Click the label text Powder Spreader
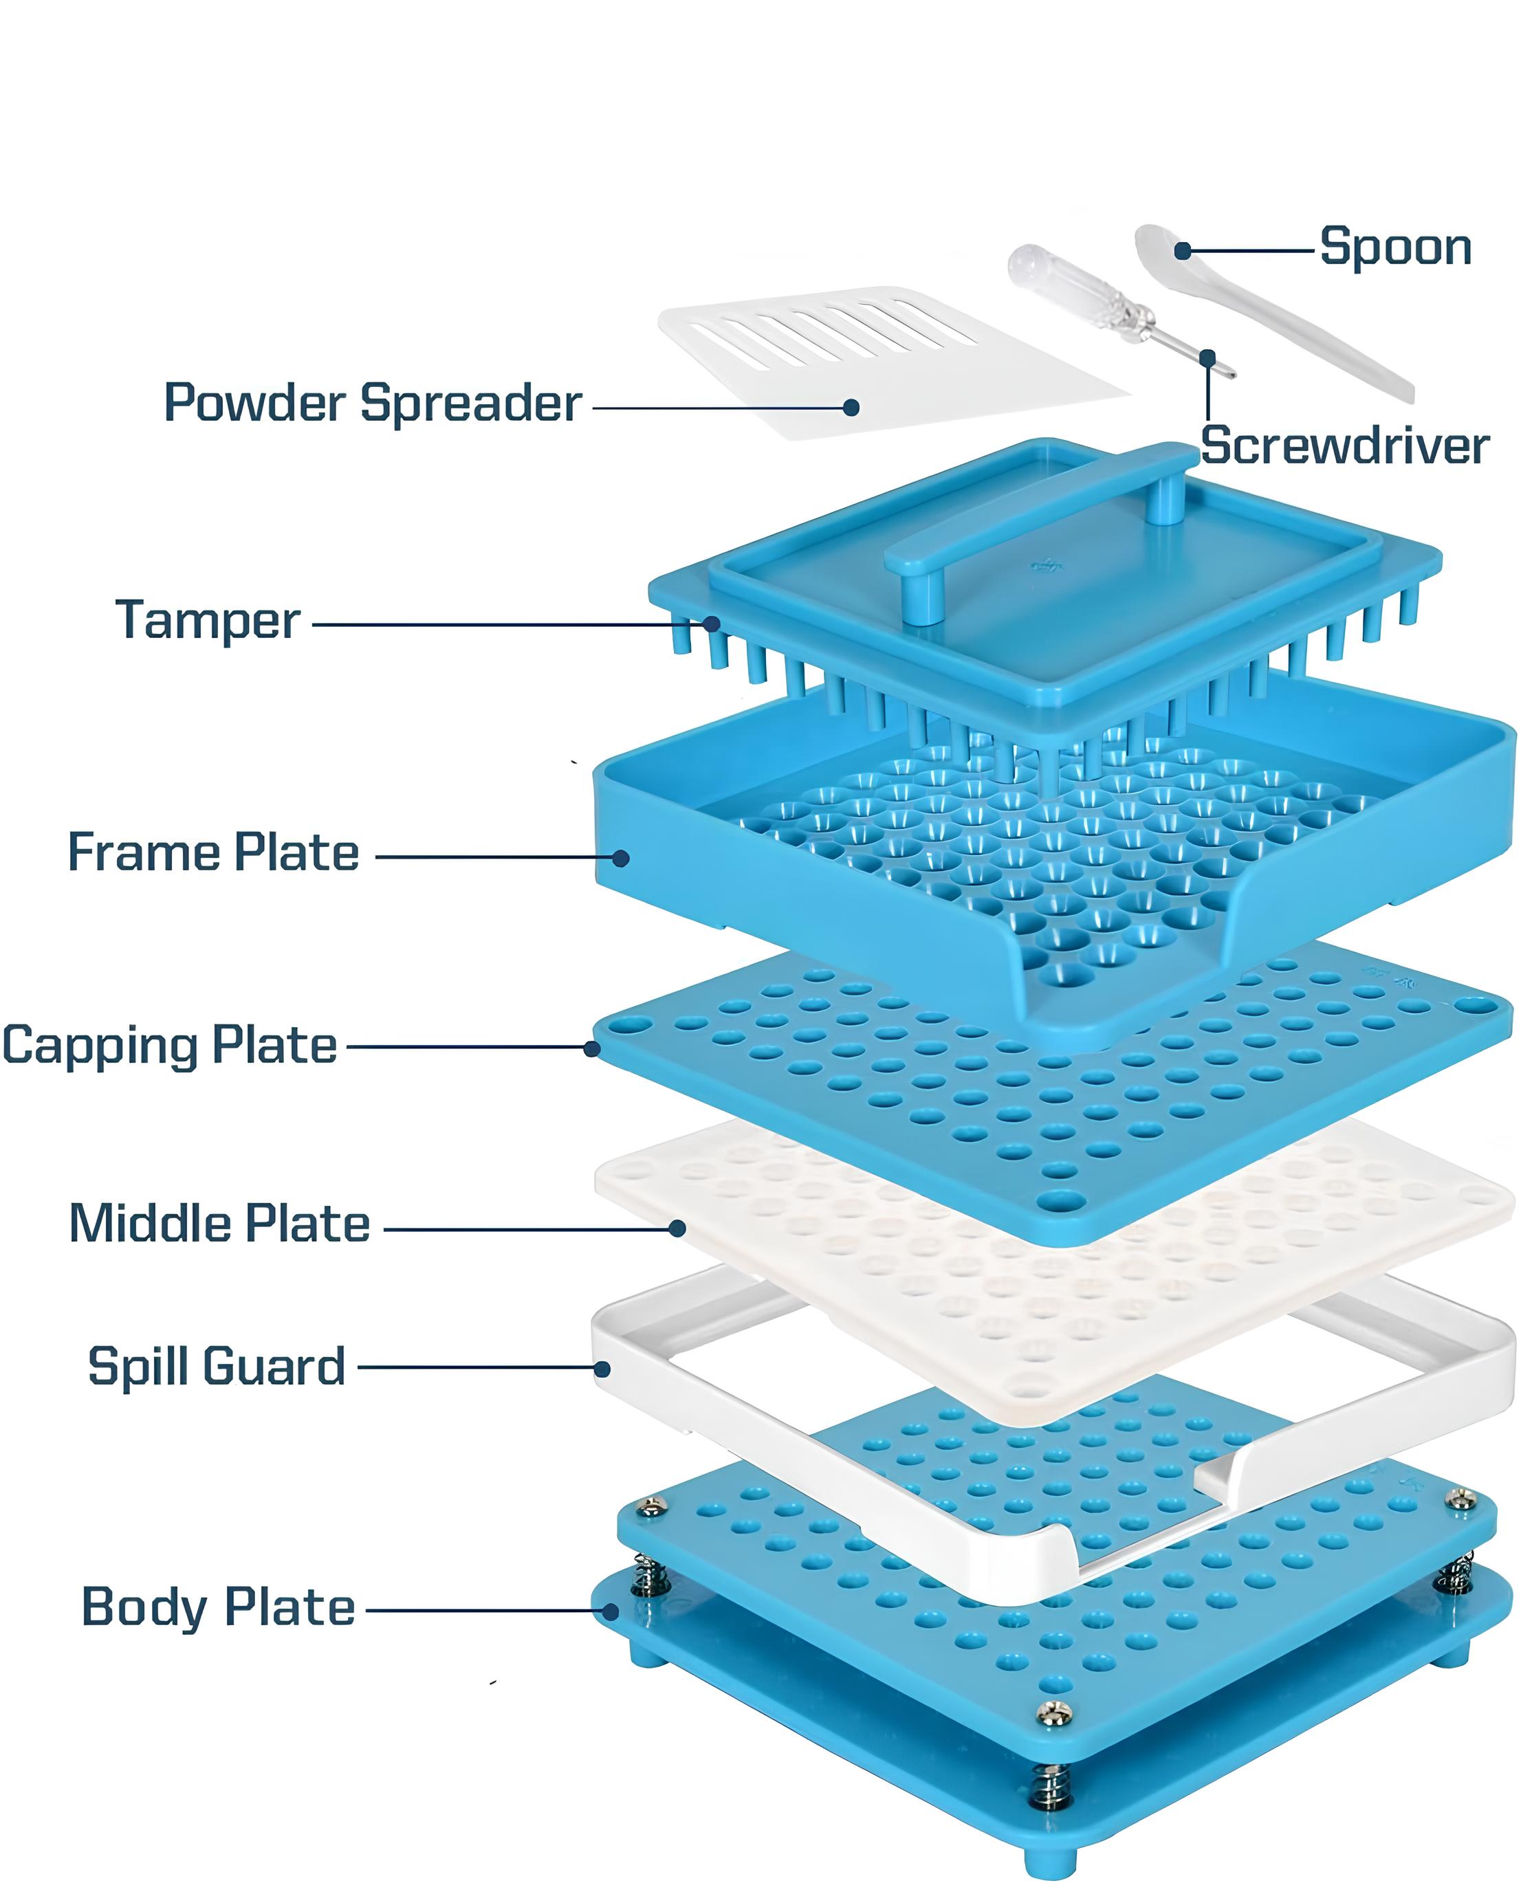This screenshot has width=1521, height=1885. pyautogui.click(x=373, y=404)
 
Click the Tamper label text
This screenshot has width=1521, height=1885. pyautogui.click(x=208, y=621)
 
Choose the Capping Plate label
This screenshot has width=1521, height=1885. pyautogui.click(x=169, y=1046)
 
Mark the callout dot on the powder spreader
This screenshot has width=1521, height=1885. pyautogui.click(x=851, y=407)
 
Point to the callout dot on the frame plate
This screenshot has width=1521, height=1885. pyautogui.click(x=620, y=857)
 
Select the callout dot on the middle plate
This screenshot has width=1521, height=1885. pyautogui.click(x=677, y=1229)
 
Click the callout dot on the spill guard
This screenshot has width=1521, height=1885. pyautogui.click(x=602, y=1368)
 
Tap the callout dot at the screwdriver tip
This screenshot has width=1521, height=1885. pyautogui.click(x=1208, y=357)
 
